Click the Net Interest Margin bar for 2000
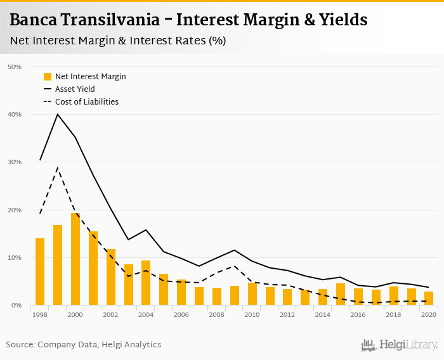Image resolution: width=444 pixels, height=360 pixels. click(75, 259)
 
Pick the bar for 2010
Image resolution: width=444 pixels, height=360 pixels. click(252, 294)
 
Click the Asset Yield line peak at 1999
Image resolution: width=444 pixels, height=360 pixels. click(58, 114)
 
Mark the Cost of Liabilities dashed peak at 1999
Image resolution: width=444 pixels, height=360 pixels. click(58, 168)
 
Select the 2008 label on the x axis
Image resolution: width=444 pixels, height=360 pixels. click(217, 314)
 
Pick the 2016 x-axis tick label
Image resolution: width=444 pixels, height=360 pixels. click(358, 314)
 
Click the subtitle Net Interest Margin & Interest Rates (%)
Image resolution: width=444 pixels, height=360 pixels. click(118, 41)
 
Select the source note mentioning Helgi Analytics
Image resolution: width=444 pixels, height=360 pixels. click(84, 345)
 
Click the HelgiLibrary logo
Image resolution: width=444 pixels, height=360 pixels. click(399, 345)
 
